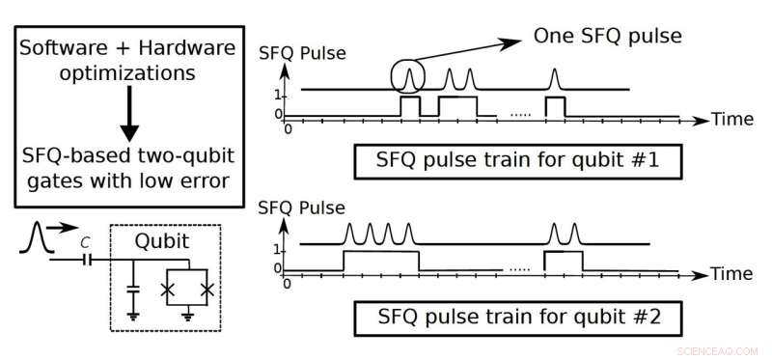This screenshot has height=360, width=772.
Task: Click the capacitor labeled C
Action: (88, 260)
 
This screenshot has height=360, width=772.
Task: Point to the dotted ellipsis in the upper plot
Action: (520, 115)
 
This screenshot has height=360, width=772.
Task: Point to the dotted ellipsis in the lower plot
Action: (520, 269)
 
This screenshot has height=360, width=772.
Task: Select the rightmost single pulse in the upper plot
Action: (554, 78)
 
